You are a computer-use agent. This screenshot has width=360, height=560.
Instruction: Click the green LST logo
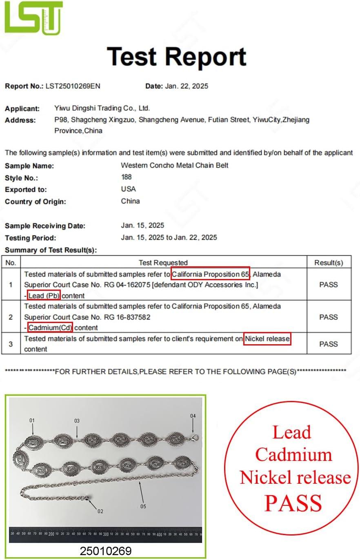click(33, 18)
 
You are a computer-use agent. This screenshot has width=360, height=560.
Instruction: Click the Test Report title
click(177, 57)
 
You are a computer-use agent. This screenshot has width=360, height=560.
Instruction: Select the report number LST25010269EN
click(73, 86)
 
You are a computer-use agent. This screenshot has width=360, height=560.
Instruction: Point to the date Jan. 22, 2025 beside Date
click(187, 86)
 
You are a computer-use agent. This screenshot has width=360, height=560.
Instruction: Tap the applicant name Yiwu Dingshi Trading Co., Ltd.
click(102, 108)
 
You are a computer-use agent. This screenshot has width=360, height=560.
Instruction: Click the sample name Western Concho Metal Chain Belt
click(174, 165)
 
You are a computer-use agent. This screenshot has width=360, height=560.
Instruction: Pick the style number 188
click(126, 177)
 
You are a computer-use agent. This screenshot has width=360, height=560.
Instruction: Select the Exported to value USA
click(128, 189)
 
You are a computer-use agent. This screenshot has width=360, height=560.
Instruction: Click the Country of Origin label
click(35, 201)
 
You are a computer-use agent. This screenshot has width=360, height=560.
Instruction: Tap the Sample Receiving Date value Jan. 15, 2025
click(142, 225)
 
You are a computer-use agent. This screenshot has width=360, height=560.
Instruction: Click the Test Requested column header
click(163, 263)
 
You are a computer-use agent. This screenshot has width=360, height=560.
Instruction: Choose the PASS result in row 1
click(328, 285)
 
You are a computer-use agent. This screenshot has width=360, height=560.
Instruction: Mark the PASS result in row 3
click(328, 344)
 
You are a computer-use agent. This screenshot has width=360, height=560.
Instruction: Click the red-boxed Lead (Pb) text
click(44, 295)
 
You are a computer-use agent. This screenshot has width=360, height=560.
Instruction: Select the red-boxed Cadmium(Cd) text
click(50, 327)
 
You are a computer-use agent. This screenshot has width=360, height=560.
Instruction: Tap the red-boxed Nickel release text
click(267, 339)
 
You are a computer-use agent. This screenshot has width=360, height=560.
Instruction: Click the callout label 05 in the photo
click(143, 506)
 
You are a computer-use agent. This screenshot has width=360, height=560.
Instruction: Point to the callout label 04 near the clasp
click(193, 416)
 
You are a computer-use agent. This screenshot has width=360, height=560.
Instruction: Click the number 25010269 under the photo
click(106, 551)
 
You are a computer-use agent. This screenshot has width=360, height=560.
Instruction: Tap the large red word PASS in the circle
click(293, 503)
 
